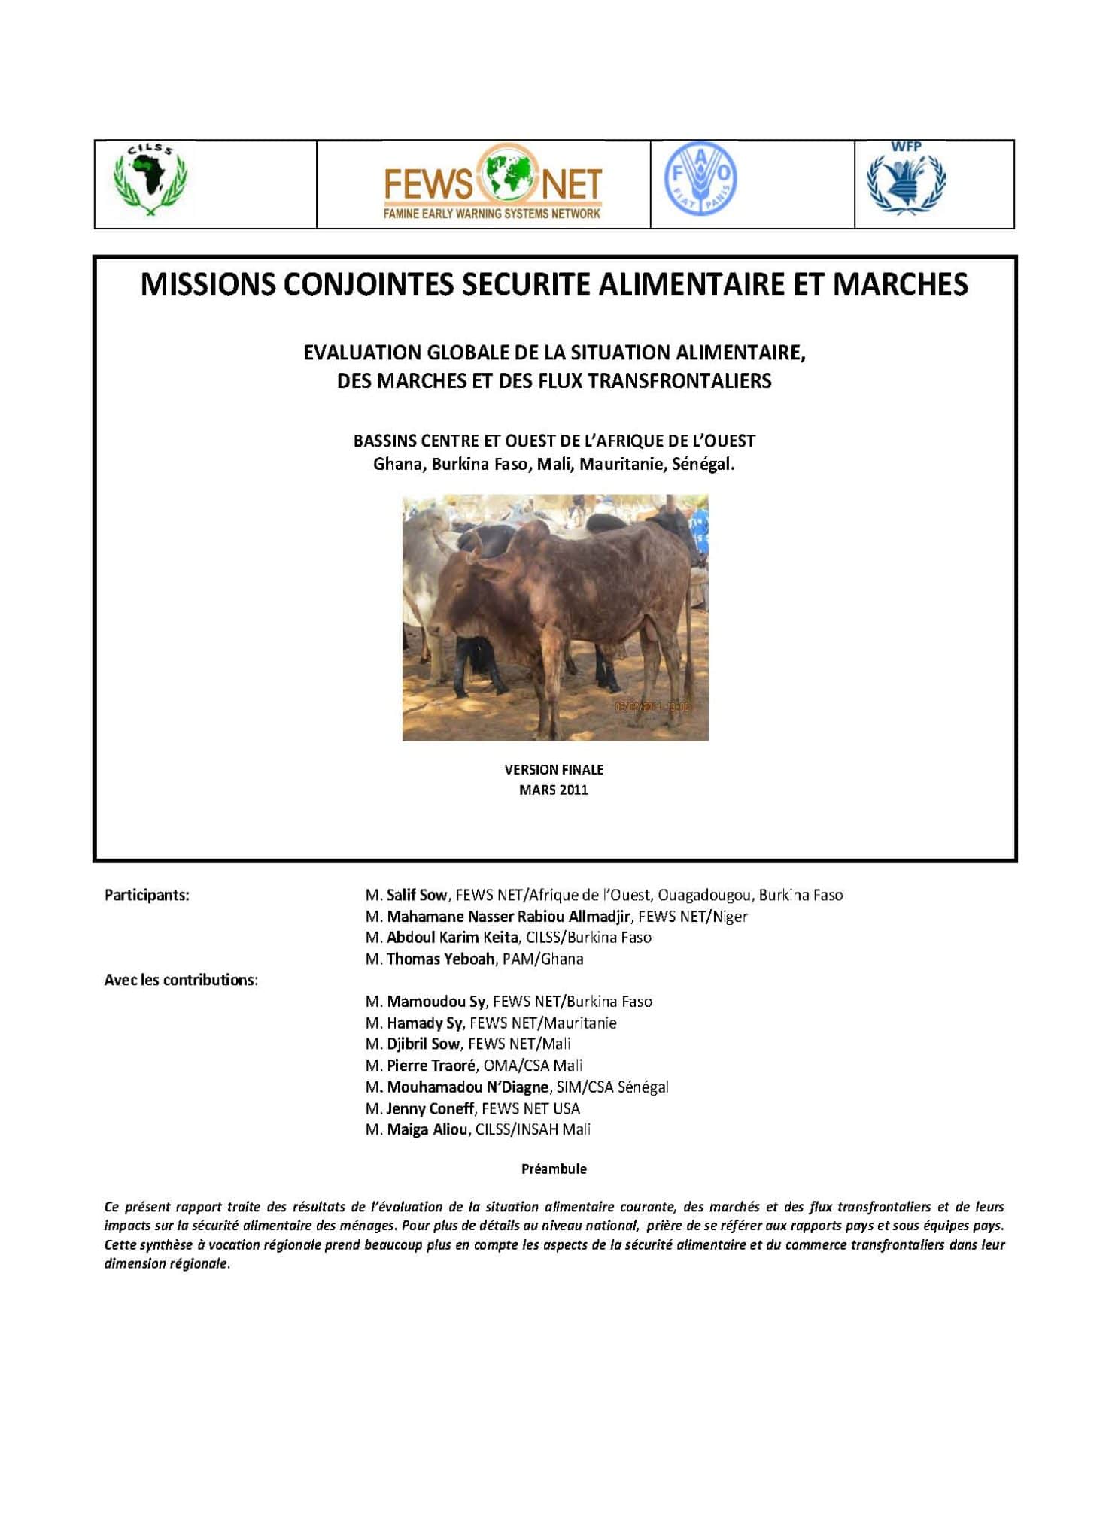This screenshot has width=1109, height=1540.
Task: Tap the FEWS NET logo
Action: click(493, 183)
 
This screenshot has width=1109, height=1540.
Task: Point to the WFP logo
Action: click(906, 180)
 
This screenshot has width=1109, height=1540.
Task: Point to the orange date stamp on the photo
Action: click(652, 706)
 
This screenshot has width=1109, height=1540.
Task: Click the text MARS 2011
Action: click(554, 790)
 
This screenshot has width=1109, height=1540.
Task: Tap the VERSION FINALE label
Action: click(554, 769)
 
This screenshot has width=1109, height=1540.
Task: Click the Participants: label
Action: click(147, 895)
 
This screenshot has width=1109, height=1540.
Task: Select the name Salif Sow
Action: click(417, 895)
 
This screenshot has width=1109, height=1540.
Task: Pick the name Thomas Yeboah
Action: click(440, 959)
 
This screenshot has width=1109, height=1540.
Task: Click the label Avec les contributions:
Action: click(181, 980)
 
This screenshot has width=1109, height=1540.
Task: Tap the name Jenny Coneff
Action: click(430, 1108)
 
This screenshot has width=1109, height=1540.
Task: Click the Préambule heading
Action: click(554, 1169)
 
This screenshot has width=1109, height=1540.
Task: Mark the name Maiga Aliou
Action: click(427, 1129)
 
